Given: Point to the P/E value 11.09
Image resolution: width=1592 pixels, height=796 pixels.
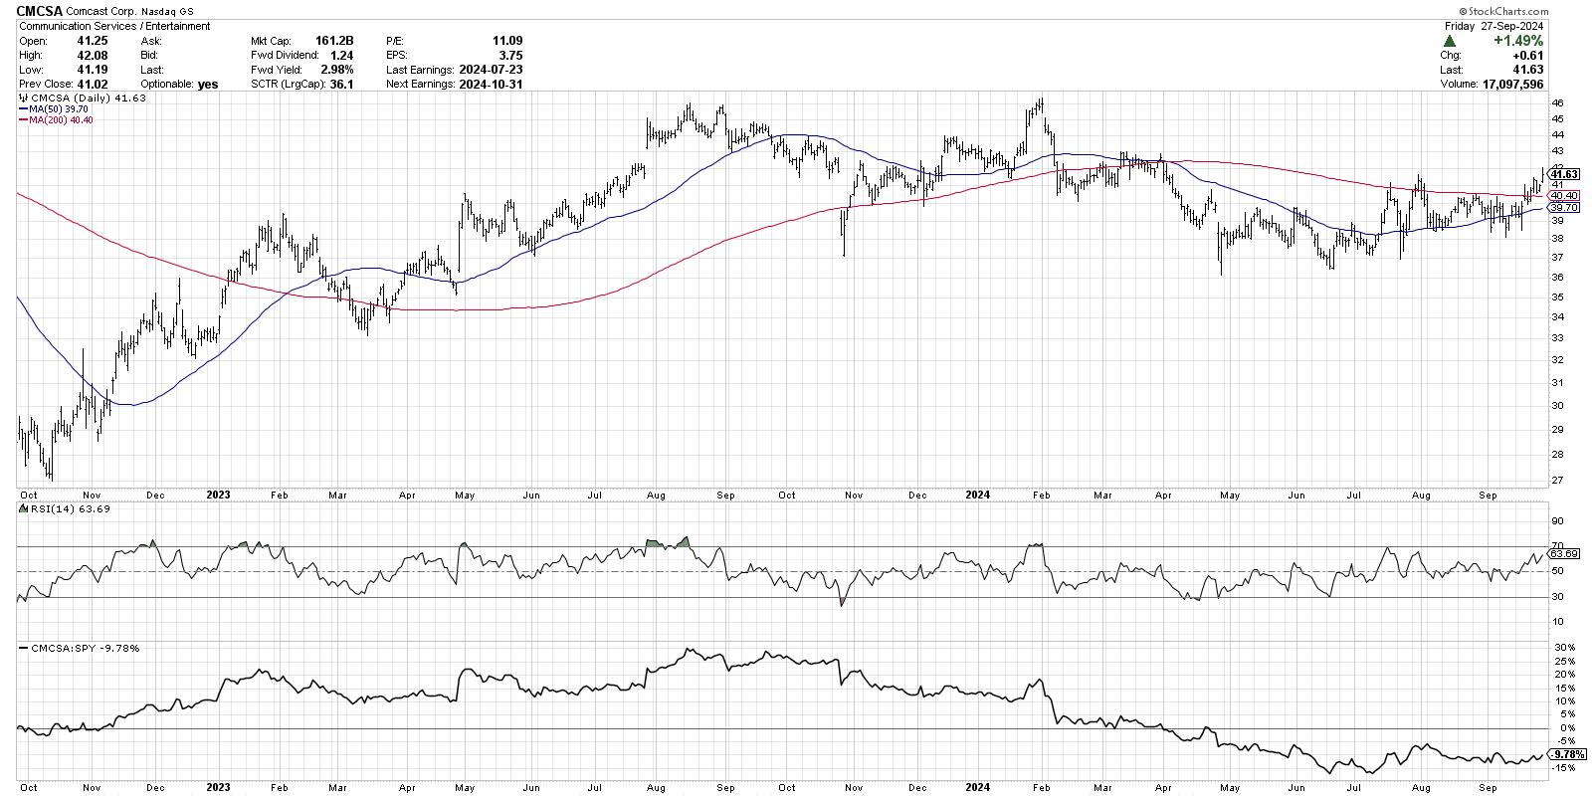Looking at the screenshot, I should (507, 41).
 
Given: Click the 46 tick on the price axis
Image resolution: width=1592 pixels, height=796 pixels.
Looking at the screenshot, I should (1558, 103).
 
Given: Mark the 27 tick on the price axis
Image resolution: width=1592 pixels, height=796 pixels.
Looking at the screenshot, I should (1558, 481).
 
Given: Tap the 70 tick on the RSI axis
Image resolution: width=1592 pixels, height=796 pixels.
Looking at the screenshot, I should (1558, 545).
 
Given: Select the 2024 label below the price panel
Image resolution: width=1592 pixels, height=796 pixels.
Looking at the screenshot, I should (979, 495).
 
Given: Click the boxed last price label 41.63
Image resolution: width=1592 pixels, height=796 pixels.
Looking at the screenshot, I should (1564, 174).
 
